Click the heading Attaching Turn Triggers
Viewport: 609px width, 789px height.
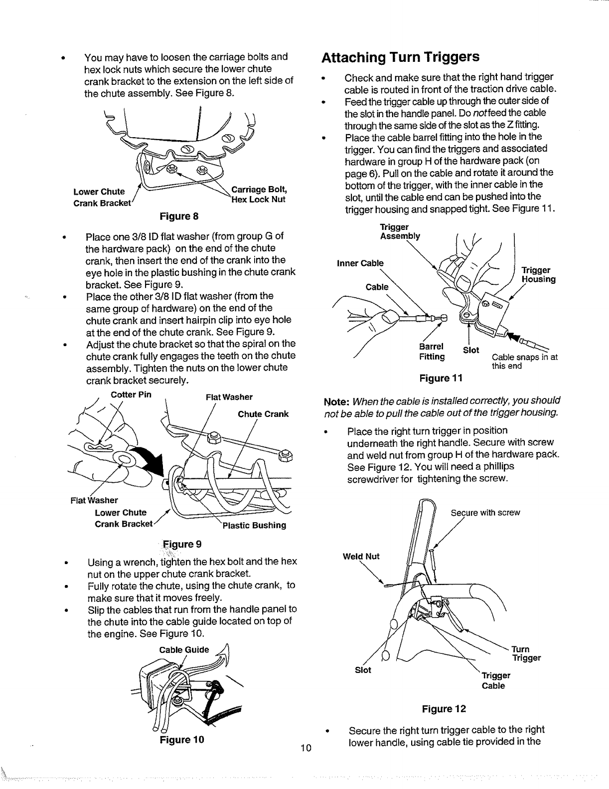[400, 57]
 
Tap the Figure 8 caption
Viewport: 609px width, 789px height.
[179, 216]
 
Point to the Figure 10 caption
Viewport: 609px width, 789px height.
[182, 740]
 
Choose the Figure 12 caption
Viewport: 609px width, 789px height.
[443, 709]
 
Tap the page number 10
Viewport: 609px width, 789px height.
[306, 747]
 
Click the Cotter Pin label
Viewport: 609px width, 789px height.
[131, 394]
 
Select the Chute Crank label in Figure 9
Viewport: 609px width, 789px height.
[263, 414]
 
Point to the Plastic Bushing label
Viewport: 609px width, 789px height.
[254, 525]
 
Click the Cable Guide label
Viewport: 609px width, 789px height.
[184, 650]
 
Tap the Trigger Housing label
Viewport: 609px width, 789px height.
[538, 275]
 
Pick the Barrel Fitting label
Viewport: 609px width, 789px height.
[432, 352]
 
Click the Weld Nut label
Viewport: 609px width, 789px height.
[361, 556]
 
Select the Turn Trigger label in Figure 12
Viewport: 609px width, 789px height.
[526, 653]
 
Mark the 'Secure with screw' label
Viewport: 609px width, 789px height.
[485, 513]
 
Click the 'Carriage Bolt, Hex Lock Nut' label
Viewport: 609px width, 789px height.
[258, 195]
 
